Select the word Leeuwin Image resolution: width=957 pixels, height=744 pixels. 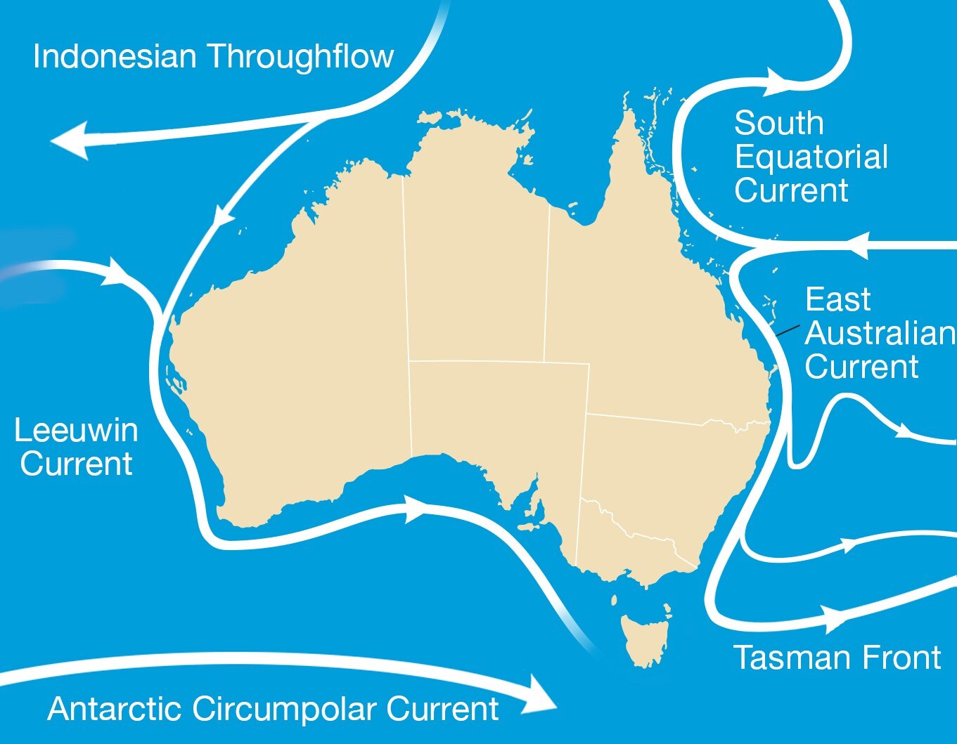point(76,430)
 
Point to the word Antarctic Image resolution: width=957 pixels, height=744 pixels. point(115,708)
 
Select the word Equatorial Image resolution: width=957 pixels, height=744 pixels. point(811,157)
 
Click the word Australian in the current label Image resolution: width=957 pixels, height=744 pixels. point(879,333)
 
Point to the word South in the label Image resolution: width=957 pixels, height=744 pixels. point(778,124)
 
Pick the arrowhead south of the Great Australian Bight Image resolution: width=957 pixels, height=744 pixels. point(414,508)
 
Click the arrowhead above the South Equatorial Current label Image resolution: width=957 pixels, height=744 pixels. point(777,80)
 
